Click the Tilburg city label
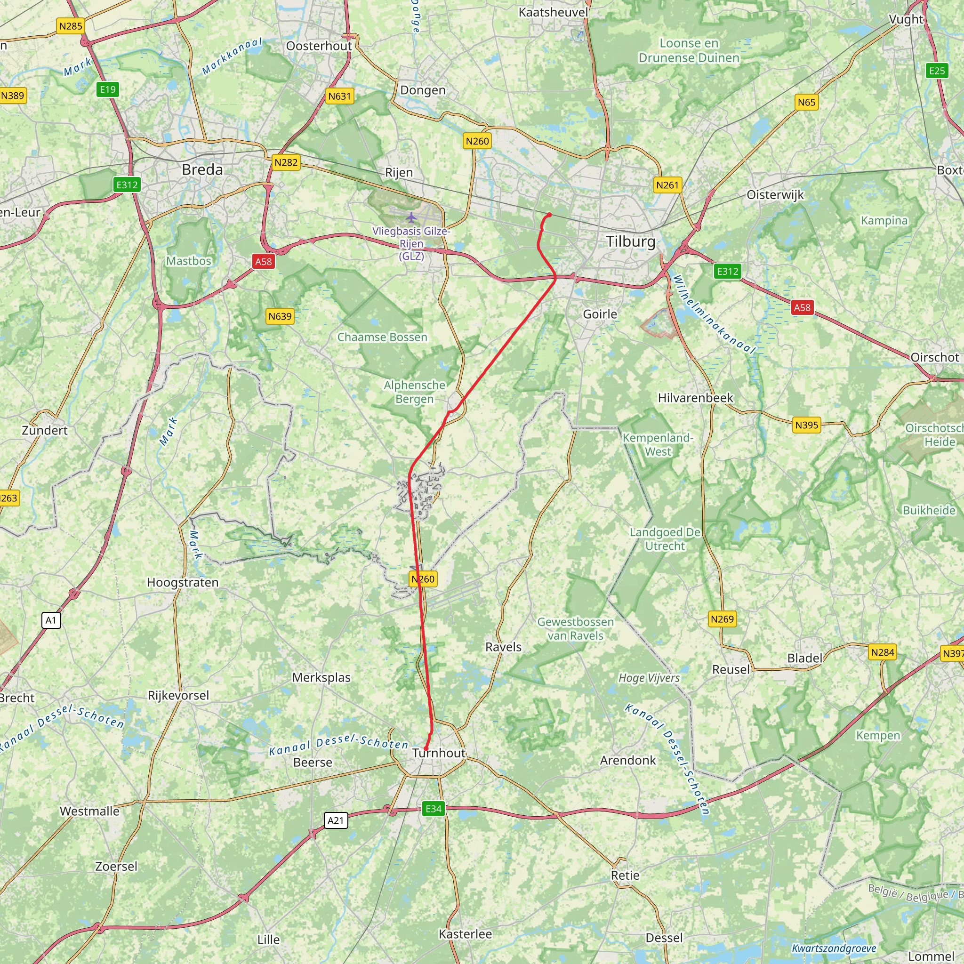[631, 241]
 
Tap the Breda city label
[202, 169]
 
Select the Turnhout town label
[439, 753]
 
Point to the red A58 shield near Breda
[264, 261]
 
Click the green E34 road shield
[433, 808]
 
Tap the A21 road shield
[336, 820]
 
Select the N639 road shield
[280, 316]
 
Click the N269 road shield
[722, 619]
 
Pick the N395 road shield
[807, 425]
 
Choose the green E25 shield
[937, 71]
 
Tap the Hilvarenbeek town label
[695, 398]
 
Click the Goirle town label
[600, 314]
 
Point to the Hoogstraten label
[183, 582]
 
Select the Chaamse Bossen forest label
[382, 337]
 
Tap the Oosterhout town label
[319, 46]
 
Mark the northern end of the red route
[549, 215]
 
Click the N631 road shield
[340, 96]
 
